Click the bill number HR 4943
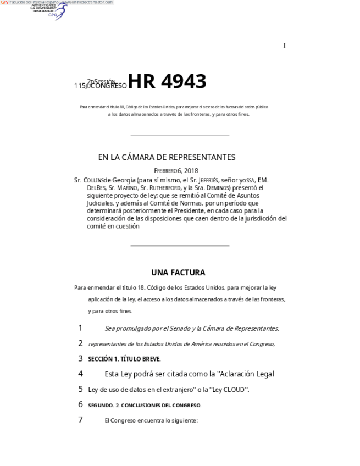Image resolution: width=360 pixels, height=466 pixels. pos(167,81)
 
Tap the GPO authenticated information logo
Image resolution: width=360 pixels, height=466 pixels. pos(49,10)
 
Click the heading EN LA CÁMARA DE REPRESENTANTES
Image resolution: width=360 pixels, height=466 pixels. pos(167,157)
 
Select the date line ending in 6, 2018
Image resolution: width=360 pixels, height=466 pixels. pos(176,171)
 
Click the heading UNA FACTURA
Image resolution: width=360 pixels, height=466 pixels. pos(178,273)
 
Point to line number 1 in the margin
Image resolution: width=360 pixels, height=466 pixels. pos(80,328)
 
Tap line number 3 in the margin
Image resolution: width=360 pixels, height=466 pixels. pos(80,359)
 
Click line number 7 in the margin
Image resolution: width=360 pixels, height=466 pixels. pos(80,420)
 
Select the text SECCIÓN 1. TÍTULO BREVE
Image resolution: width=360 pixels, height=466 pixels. pos(124,359)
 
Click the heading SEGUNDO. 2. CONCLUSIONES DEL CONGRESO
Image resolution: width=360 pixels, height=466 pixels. pos(145,406)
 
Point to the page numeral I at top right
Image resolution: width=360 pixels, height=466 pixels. pos(284,46)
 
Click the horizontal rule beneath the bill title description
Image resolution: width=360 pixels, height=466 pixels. pos(180,135)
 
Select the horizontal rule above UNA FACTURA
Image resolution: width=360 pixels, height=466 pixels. pos(180,246)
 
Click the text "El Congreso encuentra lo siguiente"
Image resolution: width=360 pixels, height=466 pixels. pos(151,420)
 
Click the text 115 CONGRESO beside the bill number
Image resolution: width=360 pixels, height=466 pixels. pos(101,86)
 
